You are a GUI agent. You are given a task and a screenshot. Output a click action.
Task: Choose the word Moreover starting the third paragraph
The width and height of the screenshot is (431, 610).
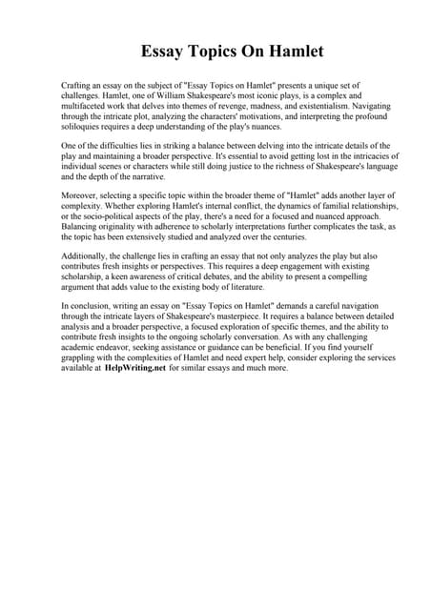pyautogui.click(x=81, y=194)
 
